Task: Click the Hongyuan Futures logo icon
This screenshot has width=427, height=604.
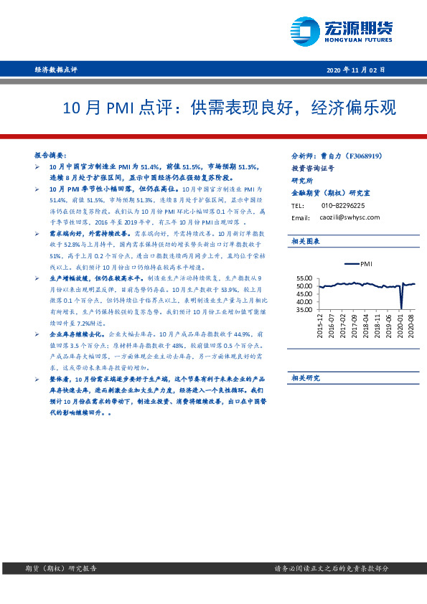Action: [305, 31]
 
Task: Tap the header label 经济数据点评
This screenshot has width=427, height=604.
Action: [55, 70]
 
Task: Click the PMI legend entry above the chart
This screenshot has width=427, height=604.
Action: [360, 264]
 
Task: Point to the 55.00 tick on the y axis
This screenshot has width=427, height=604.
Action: [304, 278]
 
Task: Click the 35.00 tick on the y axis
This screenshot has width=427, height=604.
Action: [304, 310]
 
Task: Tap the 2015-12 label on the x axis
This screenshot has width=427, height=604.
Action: [320, 326]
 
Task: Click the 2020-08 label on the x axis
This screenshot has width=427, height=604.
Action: [412, 326]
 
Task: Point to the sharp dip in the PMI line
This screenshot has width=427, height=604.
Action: [401, 307]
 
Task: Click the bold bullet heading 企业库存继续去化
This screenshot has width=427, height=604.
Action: [76, 334]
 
